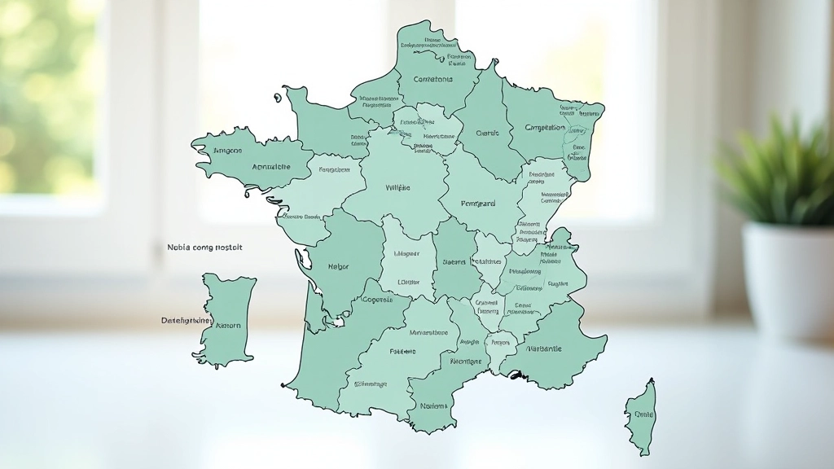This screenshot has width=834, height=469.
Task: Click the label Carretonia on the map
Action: (432, 80)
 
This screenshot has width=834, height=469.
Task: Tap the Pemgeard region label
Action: (478, 204)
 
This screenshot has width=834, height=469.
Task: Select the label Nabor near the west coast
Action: (338, 266)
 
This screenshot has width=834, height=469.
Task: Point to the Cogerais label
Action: (376, 299)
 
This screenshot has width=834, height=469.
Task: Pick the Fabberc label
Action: (402, 352)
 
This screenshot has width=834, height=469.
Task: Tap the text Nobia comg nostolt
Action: (204, 247)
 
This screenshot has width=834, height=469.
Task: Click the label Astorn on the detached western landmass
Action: (227, 325)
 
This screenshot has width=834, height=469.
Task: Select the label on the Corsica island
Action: (643, 414)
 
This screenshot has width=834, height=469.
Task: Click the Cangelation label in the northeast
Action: (545, 128)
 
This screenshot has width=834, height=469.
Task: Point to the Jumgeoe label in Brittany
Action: (227, 151)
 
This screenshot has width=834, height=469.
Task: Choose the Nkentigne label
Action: (466, 361)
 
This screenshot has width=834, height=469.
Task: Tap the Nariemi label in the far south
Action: (433, 405)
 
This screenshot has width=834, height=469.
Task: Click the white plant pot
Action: (787, 278)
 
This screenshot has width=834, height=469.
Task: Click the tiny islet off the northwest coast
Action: (277, 99)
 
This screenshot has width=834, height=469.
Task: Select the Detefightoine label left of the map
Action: (187, 321)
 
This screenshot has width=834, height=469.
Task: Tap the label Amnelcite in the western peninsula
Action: (271, 167)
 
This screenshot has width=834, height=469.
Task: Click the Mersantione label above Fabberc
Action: (428, 332)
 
